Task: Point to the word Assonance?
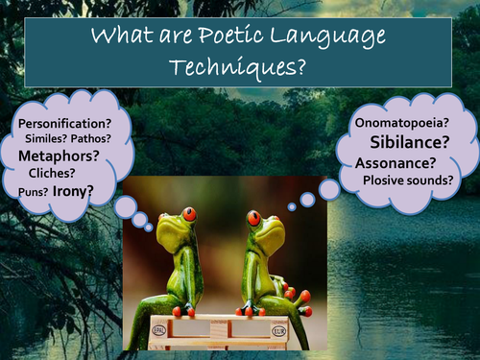coord(394,162)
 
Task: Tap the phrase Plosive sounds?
coord(408,179)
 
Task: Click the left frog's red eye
coord(189,214)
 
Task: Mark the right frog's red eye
coord(254,218)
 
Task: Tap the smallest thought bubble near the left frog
coord(150,227)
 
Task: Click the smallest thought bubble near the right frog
coord(292,206)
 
